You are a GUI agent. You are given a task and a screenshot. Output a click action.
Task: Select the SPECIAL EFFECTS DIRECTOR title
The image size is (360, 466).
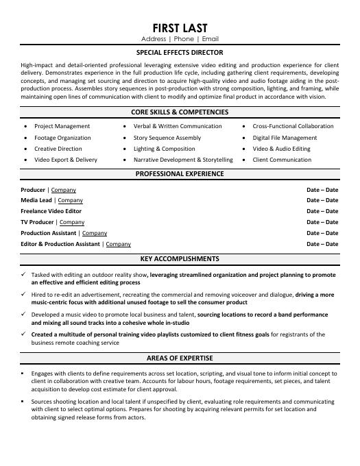[180, 52]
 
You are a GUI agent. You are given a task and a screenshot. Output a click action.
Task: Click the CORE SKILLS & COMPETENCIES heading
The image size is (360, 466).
[180, 111]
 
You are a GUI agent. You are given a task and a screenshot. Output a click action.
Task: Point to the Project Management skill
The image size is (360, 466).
[62, 126]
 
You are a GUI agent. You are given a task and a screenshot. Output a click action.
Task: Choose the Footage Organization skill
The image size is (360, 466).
[62, 138]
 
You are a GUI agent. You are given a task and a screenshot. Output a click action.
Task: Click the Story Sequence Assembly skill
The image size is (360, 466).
[167, 138]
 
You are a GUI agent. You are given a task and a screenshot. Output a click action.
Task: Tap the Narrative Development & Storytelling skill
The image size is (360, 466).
[183, 160]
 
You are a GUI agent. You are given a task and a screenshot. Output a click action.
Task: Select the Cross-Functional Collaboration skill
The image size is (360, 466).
[293, 126]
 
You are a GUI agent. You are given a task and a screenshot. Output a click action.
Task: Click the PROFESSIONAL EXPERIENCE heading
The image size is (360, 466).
[180, 174]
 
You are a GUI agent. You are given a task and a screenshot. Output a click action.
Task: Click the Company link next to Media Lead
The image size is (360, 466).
[70, 201]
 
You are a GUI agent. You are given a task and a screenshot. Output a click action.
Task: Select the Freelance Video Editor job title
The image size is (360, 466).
[51, 212]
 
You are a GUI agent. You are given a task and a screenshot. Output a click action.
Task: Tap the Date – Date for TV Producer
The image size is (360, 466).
[322, 222]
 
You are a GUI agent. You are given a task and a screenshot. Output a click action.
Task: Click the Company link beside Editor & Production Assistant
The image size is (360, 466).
[118, 244]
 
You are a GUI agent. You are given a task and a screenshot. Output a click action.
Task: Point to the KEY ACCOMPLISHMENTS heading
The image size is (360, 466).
[180, 259]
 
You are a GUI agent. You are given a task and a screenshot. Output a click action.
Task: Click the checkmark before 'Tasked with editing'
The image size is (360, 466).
[24, 274]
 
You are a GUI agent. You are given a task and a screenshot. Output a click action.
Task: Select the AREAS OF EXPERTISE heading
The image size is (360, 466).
[180, 358]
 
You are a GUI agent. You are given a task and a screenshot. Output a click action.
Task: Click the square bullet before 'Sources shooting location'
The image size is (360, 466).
[24, 401]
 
